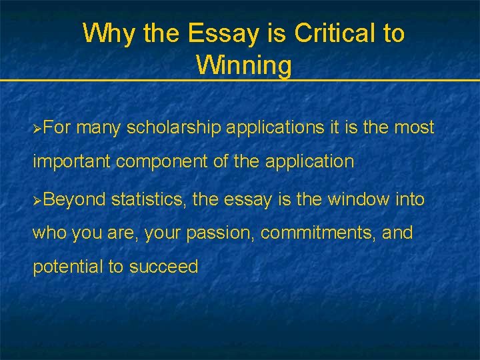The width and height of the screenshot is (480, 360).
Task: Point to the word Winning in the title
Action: coord(243,65)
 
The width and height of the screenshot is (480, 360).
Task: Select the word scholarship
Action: coord(174,127)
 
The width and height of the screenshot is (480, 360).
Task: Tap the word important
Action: coord(73,161)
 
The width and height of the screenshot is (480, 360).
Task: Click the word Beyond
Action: coord(75,199)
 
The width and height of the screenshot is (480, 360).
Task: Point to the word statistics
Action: coord(147,199)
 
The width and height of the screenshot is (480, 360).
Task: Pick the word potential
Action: coord(68,267)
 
